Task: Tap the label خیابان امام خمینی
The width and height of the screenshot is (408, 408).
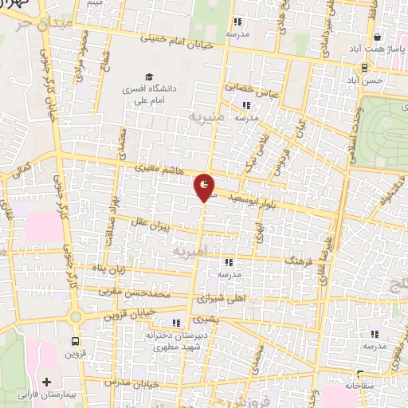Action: [x=177, y=41]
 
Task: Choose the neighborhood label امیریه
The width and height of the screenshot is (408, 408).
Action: [x=190, y=251]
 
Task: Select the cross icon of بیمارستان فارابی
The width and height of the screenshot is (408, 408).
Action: [x=46, y=382]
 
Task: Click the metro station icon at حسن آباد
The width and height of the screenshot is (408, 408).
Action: [x=363, y=69]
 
